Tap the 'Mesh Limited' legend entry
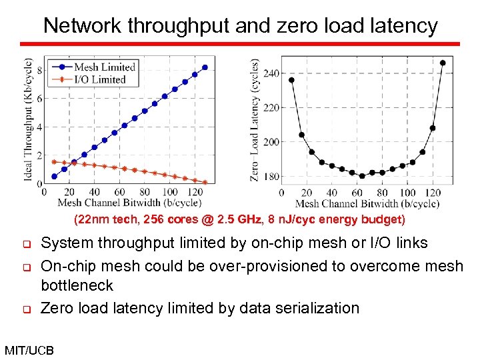tap(104, 67)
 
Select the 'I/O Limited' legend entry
tap(99, 79)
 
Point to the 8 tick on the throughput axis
tap(39, 70)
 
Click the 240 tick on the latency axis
tap(271, 73)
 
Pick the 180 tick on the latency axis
tap(271, 177)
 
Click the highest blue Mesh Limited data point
tap(205, 67)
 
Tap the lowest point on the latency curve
tap(362, 176)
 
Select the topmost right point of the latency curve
tap(443, 63)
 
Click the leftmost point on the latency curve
tap(291, 80)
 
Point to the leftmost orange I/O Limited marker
tap(54, 161)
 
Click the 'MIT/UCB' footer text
tap(29, 349)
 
